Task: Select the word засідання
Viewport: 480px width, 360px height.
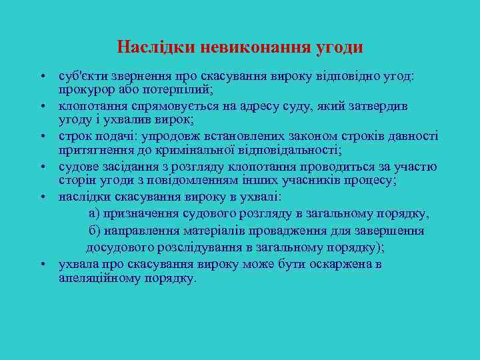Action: [x=131, y=167]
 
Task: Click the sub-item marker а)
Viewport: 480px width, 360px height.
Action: [x=95, y=214]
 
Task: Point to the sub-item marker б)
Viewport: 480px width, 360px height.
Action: [x=95, y=231]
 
